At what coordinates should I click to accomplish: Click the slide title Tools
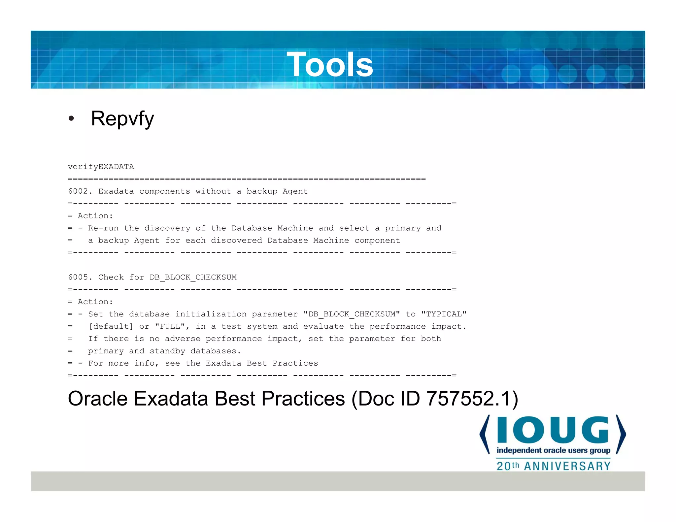(330, 65)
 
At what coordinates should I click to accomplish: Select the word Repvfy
(122, 119)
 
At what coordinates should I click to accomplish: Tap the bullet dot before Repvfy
(71, 119)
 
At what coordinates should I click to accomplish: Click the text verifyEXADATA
(101, 167)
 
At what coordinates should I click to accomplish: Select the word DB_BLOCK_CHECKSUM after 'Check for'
(193, 277)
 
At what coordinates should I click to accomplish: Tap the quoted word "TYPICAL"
(444, 314)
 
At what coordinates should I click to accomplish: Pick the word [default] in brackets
(111, 326)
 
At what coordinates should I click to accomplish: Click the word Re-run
(103, 228)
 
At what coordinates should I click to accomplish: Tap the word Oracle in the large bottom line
(98, 399)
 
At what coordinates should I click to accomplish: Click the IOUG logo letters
(553, 430)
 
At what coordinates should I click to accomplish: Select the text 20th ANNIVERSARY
(554, 466)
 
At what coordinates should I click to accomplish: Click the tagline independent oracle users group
(553, 450)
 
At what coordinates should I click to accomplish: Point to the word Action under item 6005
(95, 302)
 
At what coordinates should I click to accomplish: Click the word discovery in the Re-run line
(167, 228)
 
